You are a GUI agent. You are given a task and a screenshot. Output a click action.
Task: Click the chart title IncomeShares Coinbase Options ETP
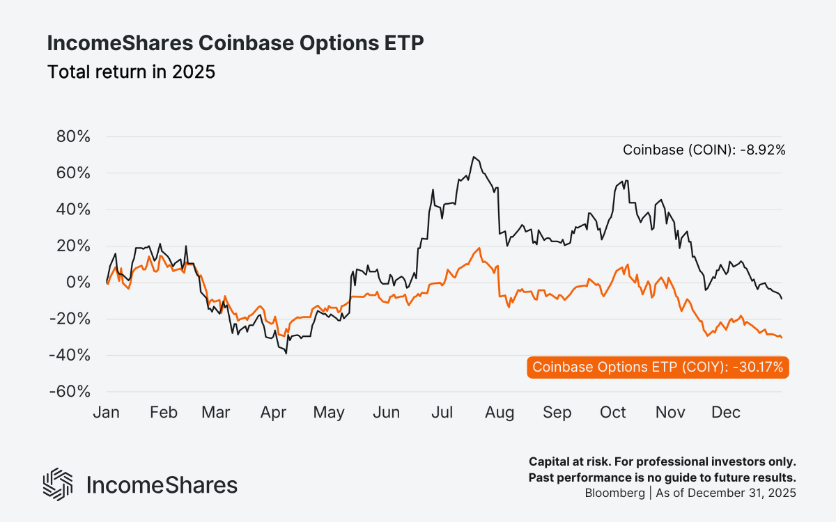click(235, 43)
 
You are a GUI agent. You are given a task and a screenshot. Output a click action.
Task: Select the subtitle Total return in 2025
click(131, 72)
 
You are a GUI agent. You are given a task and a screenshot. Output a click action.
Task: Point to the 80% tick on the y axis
click(73, 136)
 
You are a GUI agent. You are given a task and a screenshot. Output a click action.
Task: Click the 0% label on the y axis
click(78, 283)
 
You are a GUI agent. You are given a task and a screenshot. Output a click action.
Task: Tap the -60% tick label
click(70, 391)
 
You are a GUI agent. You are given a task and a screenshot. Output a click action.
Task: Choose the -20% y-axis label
click(70, 319)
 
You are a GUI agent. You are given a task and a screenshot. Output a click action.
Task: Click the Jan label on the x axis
click(106, 413)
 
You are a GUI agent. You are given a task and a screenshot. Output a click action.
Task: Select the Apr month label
click(273, 413)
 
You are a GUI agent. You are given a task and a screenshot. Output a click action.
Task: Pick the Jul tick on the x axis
click(444, 413)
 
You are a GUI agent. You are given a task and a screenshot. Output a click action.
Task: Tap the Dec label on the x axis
click(726, 413)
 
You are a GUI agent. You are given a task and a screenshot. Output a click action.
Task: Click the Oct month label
click(613, 413)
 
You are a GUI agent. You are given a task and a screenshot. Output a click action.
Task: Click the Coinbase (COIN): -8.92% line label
click(704, 150)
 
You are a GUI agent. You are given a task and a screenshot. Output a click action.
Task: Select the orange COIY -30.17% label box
click(657, 367)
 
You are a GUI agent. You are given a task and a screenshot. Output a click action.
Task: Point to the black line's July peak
click(474, 157)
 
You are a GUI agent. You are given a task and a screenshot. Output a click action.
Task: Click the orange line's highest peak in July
click(479, 248)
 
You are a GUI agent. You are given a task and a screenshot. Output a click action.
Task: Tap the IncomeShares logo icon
click(58, 484)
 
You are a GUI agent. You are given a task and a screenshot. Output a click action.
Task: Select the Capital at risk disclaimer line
click(662, 461)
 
